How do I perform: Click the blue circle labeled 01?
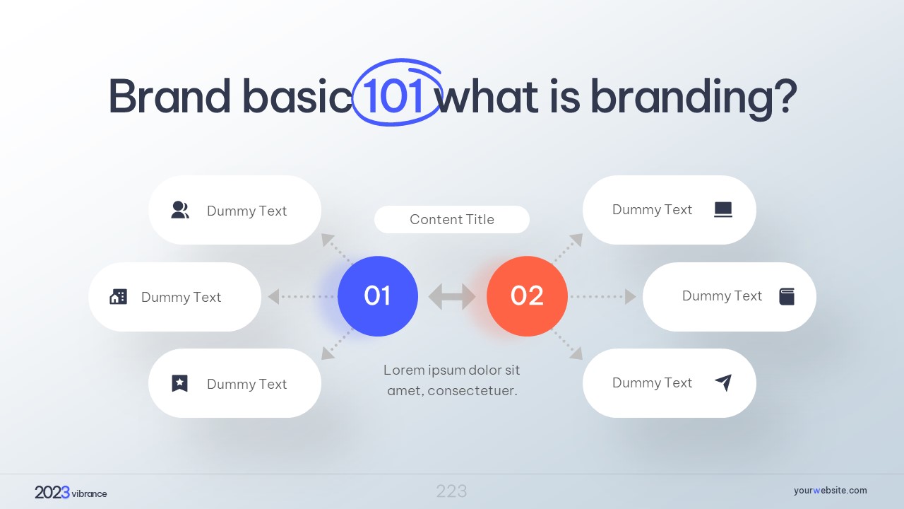[x=377, y=296]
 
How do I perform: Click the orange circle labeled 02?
[x=527, y=296]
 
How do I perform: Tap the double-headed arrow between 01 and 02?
[x=452, y=296]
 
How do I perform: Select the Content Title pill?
[x=451, y=219]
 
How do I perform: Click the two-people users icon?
[x=180, y=210]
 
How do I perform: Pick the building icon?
[x=118, y=296]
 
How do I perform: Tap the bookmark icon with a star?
[x=179, y=383]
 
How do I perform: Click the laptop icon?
[x=722, y=210]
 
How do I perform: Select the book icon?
[x=787, y=296]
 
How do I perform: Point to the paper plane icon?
[x=724, y=382]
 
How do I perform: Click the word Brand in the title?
[x=169, y=96]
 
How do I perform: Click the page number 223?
[x=451, y=491]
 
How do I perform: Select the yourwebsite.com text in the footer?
[x=830, y=491]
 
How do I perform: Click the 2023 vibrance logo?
[x=71, y=493]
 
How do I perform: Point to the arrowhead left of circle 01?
[x=273, y=296]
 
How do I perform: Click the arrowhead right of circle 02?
[x=631, y=296]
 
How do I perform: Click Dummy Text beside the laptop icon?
[x=652, y=210]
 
